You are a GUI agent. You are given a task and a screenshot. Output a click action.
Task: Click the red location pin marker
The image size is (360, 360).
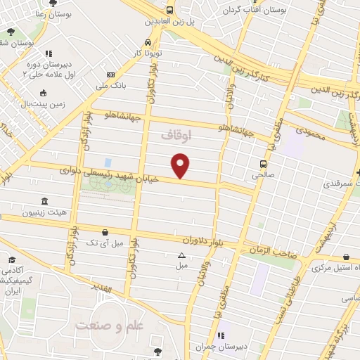click(181, 165)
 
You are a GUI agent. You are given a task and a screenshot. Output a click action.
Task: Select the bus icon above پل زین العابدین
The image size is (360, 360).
click(169, 10)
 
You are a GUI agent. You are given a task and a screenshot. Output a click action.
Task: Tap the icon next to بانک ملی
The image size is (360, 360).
click(110, 75)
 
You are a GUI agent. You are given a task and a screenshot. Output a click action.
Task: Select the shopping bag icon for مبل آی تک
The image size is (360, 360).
click(105, 231)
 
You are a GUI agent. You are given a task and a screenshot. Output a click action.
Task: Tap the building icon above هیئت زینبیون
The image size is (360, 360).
click(46, 200)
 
